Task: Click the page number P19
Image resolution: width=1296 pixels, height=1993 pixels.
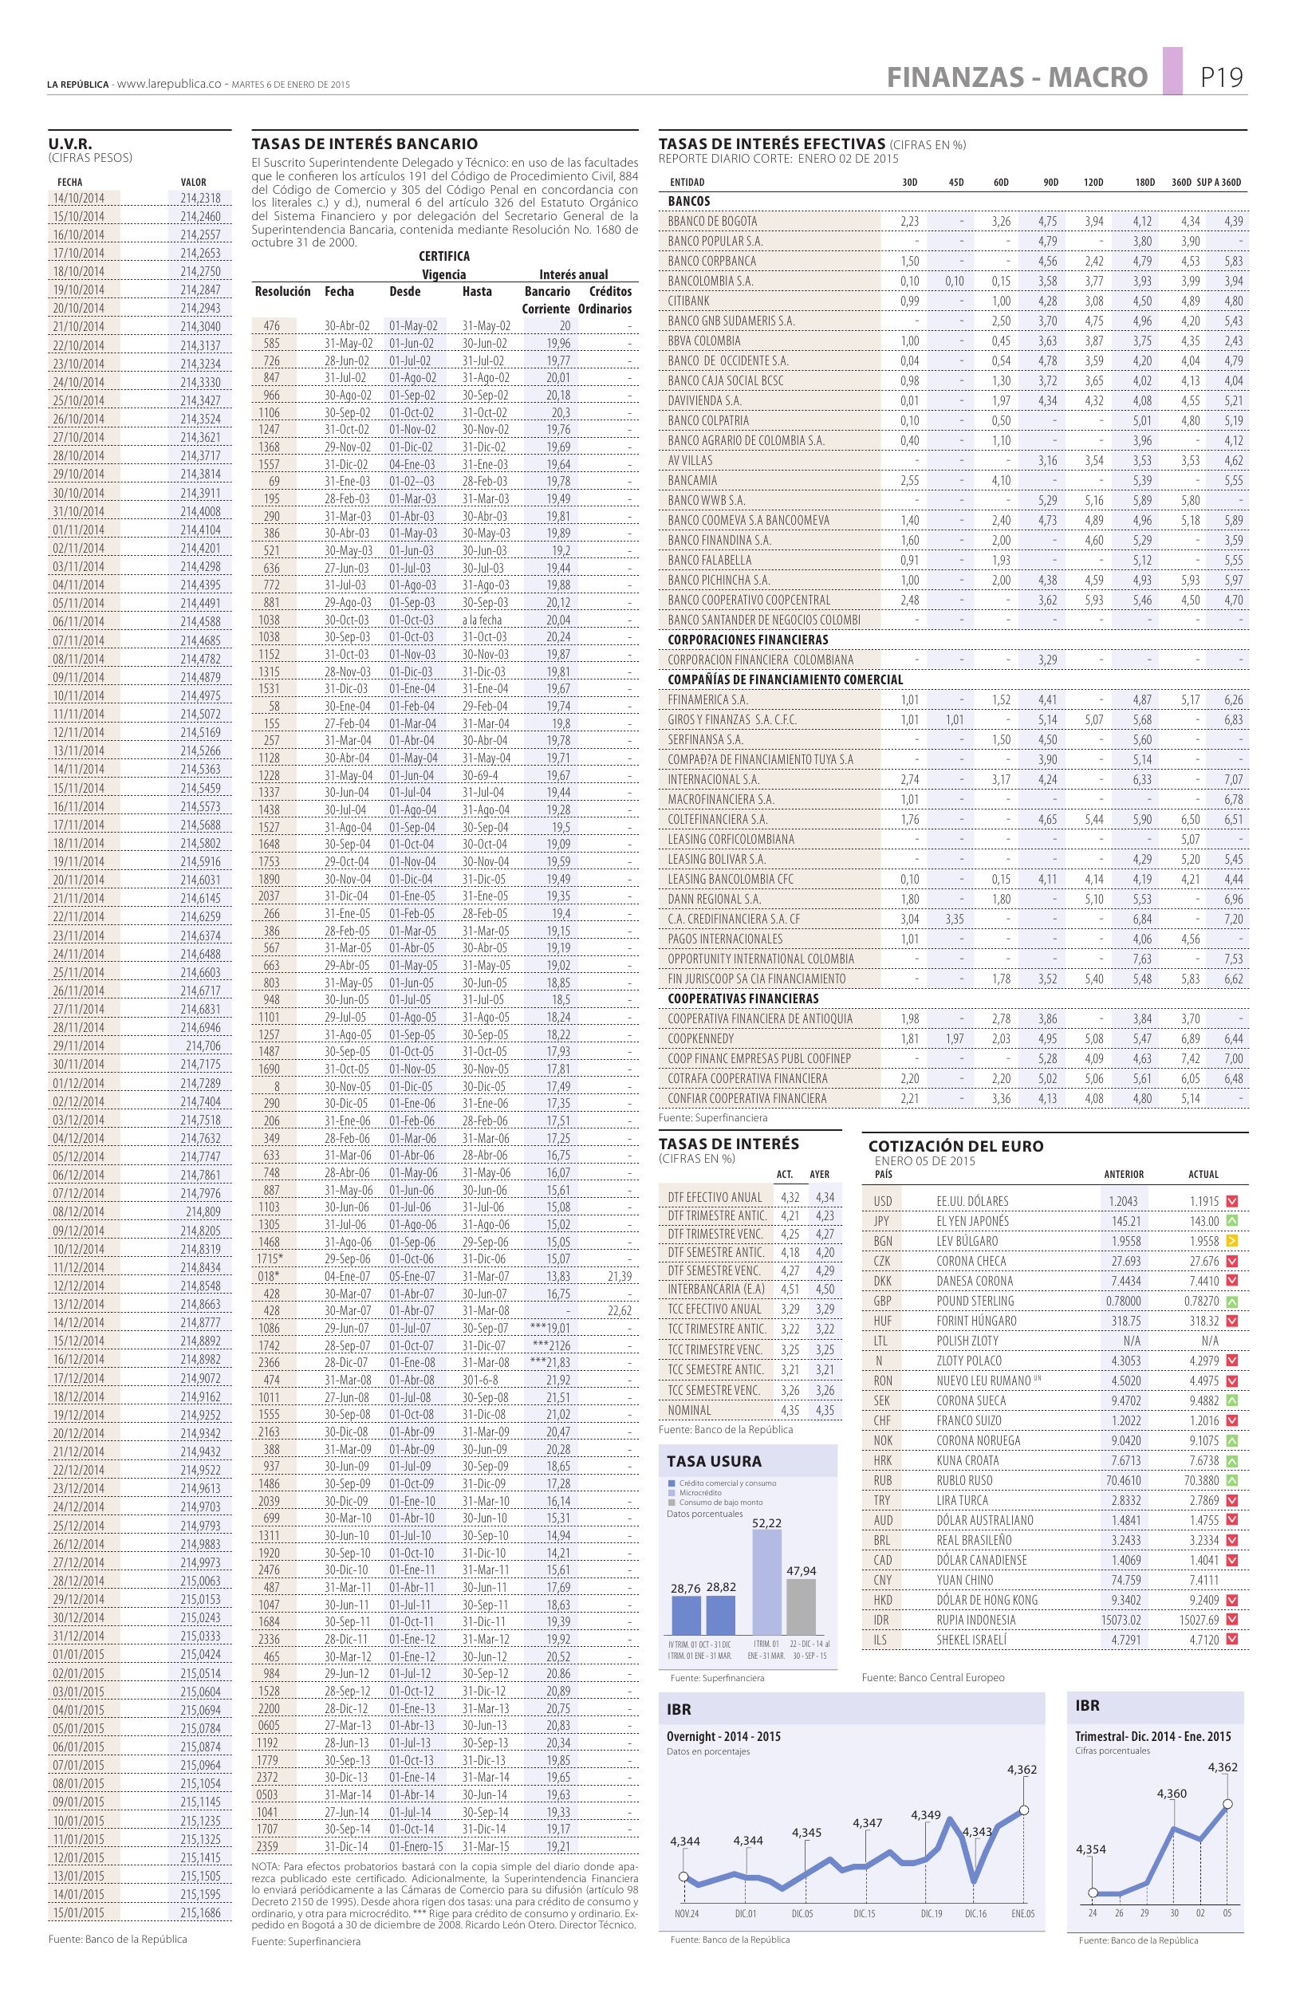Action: [1222, 77]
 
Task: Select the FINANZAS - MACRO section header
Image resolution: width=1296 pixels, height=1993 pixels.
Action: [1016, 78]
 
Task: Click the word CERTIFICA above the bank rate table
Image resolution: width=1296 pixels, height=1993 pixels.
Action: [443, 256]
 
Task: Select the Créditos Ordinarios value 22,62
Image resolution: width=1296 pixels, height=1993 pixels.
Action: [619, 1311]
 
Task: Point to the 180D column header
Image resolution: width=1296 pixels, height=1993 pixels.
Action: [1144, 183]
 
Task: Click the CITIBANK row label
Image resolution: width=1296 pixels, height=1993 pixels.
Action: [689, 301]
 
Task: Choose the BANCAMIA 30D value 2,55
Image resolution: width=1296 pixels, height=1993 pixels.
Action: [909, 481]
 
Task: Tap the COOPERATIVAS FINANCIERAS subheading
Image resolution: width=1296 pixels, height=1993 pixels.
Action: [743, 999]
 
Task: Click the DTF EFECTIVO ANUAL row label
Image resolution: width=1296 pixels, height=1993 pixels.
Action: [715, 1198]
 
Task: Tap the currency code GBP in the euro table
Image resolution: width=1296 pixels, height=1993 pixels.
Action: [882, 1301]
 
